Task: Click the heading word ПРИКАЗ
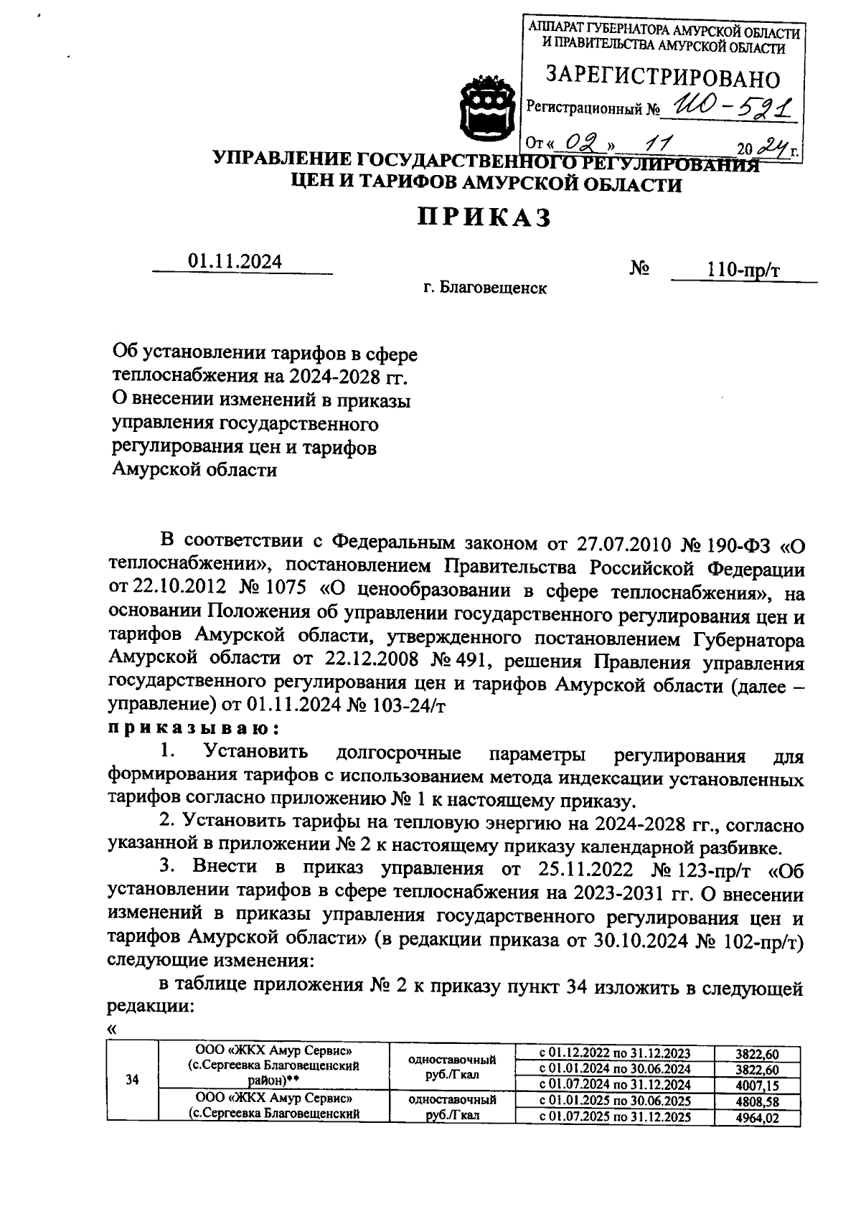(484, 217)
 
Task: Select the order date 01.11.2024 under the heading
(235, 262)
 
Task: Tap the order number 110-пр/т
(743, 270)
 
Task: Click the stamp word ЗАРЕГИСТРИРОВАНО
(663, 77)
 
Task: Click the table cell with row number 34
(132, 1079)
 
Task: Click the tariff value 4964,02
(757, 1117)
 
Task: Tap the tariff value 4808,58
(757, 1101)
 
